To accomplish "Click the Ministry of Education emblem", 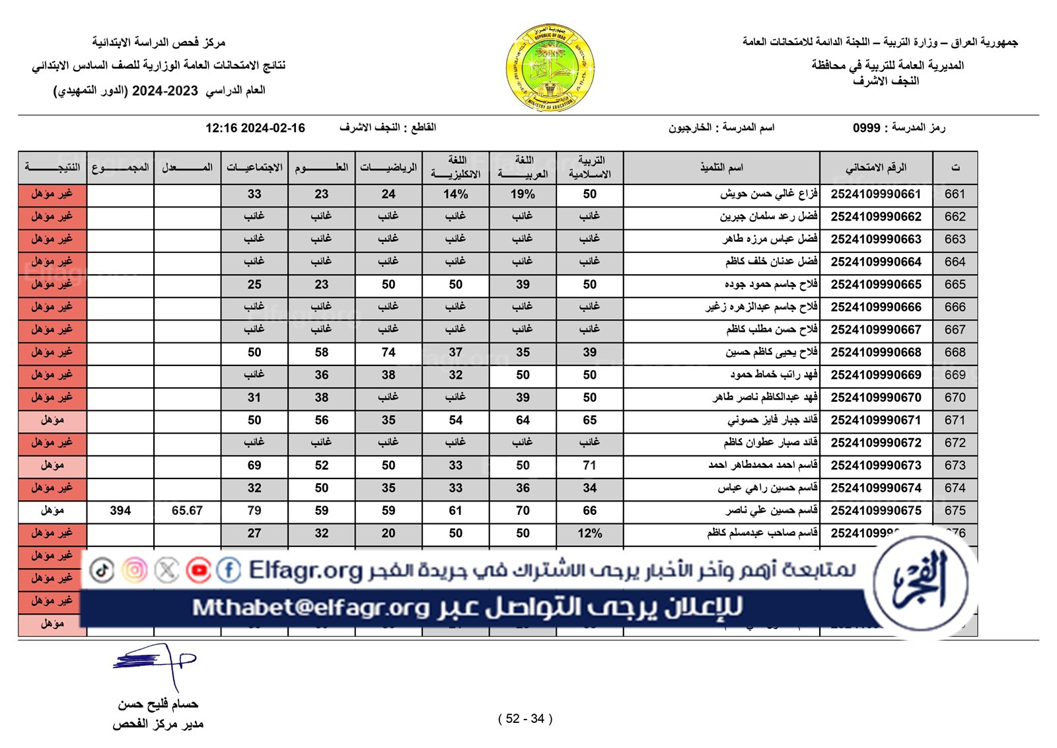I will click(x=550, y=67).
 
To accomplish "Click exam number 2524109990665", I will click(x=875, y=285).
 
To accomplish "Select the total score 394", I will click(x=120, y=511).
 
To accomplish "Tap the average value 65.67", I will click(x=187, y=511).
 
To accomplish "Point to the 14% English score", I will click(x=455, y=194).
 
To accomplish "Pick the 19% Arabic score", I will click(x=523, y=194).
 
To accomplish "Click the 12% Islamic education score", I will click(x=589, y=533).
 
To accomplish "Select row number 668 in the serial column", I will click(x=955, y=352).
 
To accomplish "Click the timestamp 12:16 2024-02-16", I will click(x=255, y=128).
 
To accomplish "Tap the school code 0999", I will click(x=866, y=128).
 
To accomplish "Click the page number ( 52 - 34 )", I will click(x=525, y=719).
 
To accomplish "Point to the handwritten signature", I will click(x=156, y=662).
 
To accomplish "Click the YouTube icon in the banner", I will click(x=198, y=570).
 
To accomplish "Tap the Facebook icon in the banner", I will click(x=229, y=570).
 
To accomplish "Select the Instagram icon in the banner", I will click(x=135, y=570).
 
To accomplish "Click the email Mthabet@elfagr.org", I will click(x=310, y=607).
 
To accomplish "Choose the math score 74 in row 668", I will click(x=388, y=352).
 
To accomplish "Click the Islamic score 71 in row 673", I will click(x=589, y=465).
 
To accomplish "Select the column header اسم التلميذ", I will click(x=721, y=168).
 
